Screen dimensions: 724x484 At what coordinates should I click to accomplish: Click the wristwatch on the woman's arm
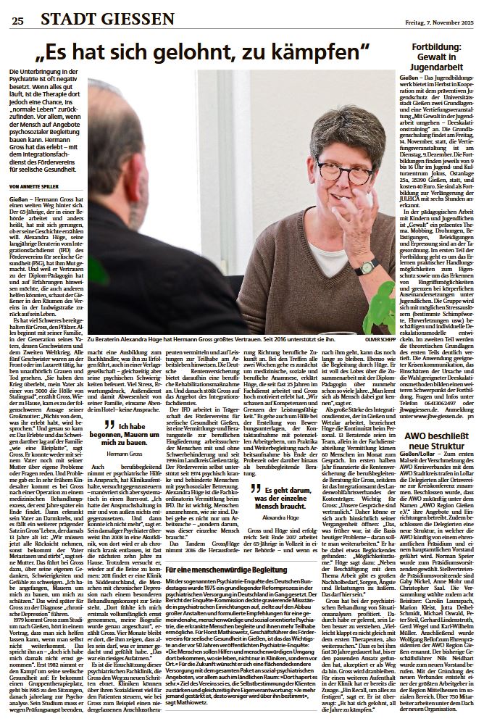point(367,267)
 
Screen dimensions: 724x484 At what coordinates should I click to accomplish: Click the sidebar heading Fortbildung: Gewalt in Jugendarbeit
point(439,62)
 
